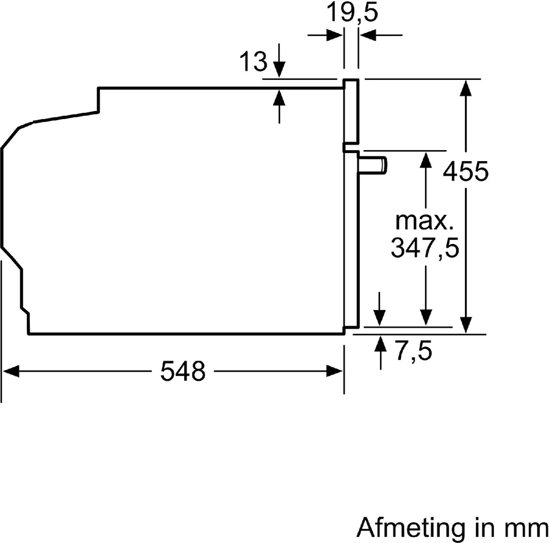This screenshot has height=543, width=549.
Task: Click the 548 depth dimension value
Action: pos(182,371)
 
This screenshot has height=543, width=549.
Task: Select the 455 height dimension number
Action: pos(465,172)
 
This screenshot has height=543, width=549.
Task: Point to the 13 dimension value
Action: pos(253,62)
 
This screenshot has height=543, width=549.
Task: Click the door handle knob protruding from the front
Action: pos(374,165)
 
